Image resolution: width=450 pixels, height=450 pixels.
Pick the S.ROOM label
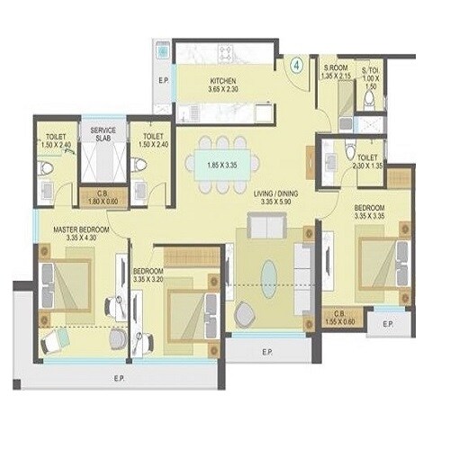click(x=334, y=71)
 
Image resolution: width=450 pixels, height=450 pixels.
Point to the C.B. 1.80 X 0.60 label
click(x=98, y=197)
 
